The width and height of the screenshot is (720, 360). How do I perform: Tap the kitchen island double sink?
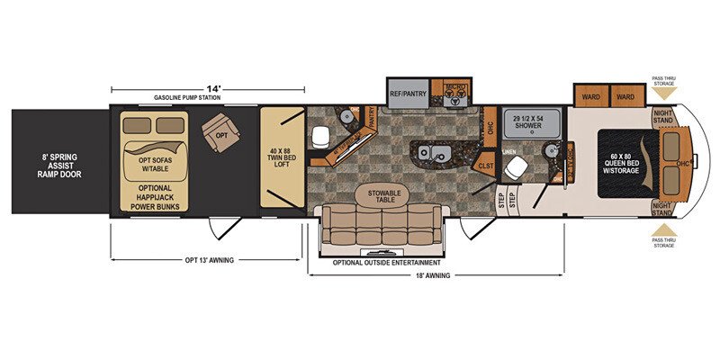tap(428, 152)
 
